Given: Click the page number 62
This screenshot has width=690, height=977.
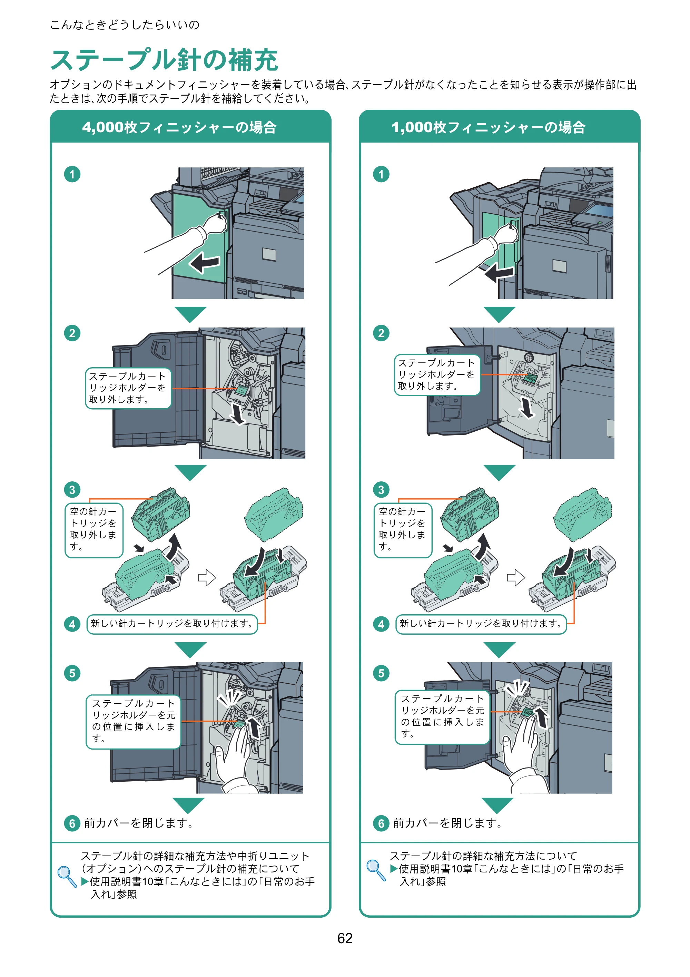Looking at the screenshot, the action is tap(345, 938).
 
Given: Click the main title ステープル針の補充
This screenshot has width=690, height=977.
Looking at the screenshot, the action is tap(164, 60).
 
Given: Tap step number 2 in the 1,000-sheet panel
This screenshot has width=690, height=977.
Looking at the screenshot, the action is tap(381, 333).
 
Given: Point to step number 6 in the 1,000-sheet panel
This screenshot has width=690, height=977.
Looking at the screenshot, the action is tap(381, 823).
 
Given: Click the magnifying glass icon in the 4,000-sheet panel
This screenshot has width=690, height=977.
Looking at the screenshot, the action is tap(67, 876).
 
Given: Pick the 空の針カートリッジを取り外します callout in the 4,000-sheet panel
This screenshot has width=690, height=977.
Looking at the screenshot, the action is tap(93, 530).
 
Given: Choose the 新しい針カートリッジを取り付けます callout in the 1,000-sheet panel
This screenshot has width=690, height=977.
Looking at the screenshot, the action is tap(481, 624).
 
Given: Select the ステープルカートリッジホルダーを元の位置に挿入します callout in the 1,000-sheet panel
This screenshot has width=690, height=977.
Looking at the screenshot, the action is tap(442, 717).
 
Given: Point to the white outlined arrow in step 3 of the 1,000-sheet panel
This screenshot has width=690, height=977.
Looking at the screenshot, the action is tap(515, 577).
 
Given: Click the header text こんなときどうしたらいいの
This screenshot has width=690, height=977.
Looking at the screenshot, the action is tap(125, 25).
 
